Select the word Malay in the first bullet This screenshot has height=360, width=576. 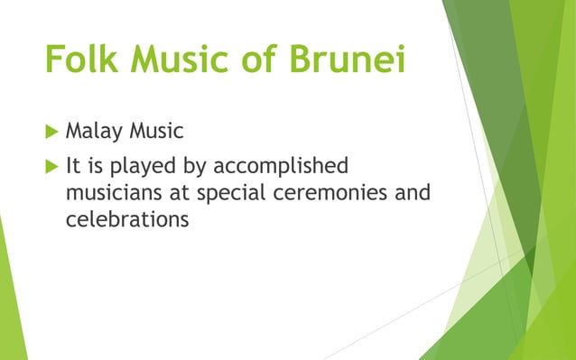coord(95,132)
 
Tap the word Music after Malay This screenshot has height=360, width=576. coord(156,132)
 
